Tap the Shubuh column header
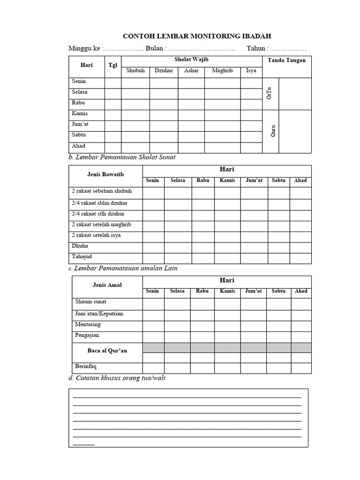click(x=135, y=71)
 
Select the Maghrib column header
click(x=222, y=71)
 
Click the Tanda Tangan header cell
click(x=286, y=60)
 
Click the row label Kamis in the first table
click(x=80, y=113)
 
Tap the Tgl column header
click(x=113, y=65)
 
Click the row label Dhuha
click(x=80, y=246)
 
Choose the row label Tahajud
click(x=82, y=256)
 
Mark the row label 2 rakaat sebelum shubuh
click(x=102, y=191)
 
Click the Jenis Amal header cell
click(x=107, y=285)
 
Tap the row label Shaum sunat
click(x=90, y=302)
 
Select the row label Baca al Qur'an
click(x=107, y=351)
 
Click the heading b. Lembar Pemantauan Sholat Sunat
click(x=122, y=157)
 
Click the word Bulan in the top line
click(x=155, y=48)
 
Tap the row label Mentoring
click(x=88, y=324)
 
